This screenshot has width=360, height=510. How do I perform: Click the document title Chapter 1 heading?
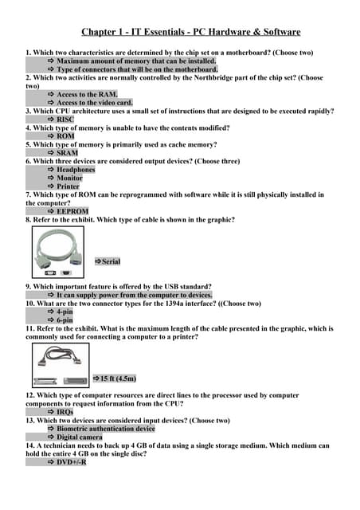[x=190, y=32]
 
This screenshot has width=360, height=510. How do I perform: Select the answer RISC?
[x=65, y=120]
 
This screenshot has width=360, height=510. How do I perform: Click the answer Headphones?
[x=76, y=170]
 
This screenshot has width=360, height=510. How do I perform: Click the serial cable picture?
[x=61, y=253]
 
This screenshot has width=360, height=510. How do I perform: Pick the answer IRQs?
[x=65, y=412]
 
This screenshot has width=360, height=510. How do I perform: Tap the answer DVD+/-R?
[x=71, y=462]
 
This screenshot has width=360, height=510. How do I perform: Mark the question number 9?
[x=29, y=286]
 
